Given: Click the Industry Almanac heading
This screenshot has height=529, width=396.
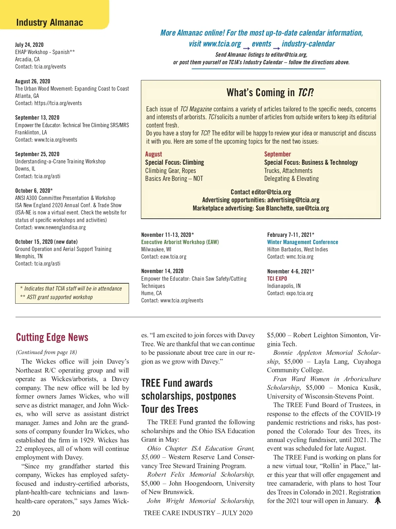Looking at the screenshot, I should pyautogui.click(x=49, y=22).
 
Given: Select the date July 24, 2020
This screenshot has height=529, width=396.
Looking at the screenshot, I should pyautogui.click(x=29, y=45).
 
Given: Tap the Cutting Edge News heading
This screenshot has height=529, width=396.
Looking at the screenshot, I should pyautogui.click(x=52, y=337).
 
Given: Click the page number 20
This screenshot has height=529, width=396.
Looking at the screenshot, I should pyautogui.click(x=16, y=513).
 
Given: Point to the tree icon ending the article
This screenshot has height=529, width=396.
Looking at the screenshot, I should pyautogui.click(x=378, y=501).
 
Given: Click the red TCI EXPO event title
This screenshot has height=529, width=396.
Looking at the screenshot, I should pyautogui.click(x=277, y=279).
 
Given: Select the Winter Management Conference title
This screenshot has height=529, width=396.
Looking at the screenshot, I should pyautogui.click(x=303, y=242).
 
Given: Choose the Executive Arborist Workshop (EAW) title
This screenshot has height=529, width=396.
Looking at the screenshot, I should pyautogui.click(x=180, y=242).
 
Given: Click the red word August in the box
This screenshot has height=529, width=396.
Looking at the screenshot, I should pyautogui.click(x=153, y=154).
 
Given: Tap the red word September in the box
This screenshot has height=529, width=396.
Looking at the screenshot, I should pyautogui.click(x=278, y=154).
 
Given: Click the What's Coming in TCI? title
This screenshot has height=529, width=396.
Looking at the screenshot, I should pyautogui.click(x=270, y=93).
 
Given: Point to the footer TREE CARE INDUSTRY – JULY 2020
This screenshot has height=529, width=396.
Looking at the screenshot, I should pyautogui.click(x=198, y=513).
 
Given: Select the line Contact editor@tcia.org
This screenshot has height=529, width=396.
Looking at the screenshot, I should pyautogui.click(x=261, y=192).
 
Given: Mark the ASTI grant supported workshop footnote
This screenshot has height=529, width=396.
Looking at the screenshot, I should pyautogui.click(x=56, y=297).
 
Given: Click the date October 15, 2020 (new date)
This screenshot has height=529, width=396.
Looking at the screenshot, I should pyautogui.click(x=47, y=242).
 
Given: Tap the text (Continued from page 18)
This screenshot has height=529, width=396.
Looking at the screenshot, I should pyautogui.click(x=47, y=352).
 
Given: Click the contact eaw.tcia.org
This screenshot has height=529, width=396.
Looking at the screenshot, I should pyautogui.click(x=164, y=257).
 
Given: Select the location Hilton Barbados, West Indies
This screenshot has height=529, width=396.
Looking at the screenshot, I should pyautogui.click(x=297, y=249).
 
